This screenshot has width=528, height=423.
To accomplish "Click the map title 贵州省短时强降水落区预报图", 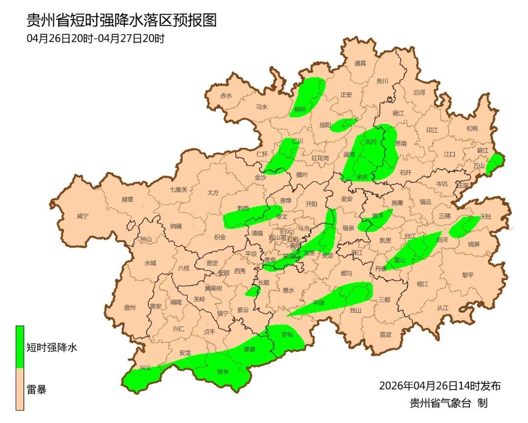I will (x=121, y=20).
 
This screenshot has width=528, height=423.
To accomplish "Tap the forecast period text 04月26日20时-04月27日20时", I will (x=95, y=39).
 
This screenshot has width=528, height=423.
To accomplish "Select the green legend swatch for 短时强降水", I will (x=20, y=347).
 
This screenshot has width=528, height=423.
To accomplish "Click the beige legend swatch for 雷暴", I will (x=20, y=389).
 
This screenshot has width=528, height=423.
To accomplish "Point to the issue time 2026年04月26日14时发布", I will (x=440, y=386).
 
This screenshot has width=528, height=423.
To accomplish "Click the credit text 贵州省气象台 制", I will (x=448, y=403).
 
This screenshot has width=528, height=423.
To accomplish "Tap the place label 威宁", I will (x=83, y=216).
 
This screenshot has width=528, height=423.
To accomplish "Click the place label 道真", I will (x=360, y=63).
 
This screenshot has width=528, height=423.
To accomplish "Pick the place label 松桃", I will (x=472, y=129).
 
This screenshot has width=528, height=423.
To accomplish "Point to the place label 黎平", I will (x=468, y=275).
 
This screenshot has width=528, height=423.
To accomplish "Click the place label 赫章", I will (x=127, y=200).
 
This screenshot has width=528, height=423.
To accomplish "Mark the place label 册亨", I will (x=222, y=372).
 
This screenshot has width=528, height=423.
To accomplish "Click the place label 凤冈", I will (x=371, y=142).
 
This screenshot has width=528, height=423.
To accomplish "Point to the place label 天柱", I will (x=485, y=216).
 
